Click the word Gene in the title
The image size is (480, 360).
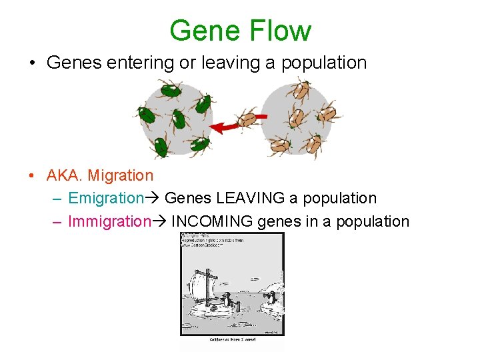pyautogui.click(x=205, y=31)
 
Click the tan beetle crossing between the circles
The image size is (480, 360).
pyautogui.click(x=249, y=119)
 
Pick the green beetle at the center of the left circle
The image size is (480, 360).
pyautogui.click(x=178, y=119)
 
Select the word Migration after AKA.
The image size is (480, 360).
pyautogui.click(x=121, y=175)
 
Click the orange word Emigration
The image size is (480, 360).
pyautogui.click(x=106, y=198)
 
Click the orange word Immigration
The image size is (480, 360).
pyautogui.click(x=109, y=221)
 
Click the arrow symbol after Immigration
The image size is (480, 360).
pyautogui.click(x=160, y=221)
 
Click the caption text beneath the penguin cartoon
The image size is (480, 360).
pyautogui.click(x=231, y=339)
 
